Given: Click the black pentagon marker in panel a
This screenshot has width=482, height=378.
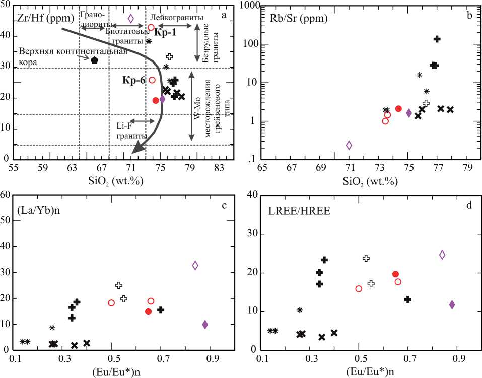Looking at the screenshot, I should (x=94, y=59).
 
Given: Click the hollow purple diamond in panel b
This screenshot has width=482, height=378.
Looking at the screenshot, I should (x=349, y=145).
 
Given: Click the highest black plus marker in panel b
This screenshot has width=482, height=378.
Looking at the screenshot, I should (x=437, y=39).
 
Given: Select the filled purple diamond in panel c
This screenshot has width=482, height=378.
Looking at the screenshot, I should (x=205, y=324).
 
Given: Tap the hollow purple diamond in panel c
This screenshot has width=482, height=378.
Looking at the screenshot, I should (x=195, y=265).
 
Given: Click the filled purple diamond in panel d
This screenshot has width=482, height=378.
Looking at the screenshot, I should (x=452, y=304).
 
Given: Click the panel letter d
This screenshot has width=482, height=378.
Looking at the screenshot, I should (x=468, y=205).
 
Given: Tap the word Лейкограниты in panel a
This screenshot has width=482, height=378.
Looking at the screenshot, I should (x=177, y=18).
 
